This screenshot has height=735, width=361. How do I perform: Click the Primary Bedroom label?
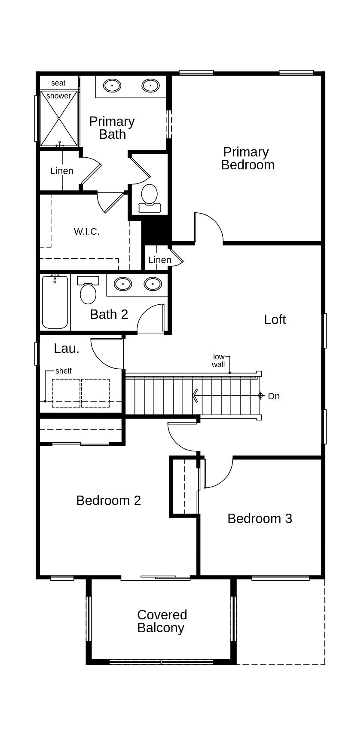coord(248,158)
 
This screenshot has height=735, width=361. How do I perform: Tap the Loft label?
coord(275,319)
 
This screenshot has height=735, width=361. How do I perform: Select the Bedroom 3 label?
coord(260,518)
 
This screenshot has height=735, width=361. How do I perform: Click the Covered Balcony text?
coord(162,621)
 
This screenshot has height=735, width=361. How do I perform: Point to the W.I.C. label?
coord(86,232)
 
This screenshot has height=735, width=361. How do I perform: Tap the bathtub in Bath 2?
coord(55,302)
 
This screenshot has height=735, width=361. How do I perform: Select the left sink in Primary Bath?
coord(112,86)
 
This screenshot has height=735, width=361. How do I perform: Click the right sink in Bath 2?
coord(153,284)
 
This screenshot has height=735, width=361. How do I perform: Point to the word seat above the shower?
coord(58,83)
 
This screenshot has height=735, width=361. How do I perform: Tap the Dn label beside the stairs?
coord(274,396)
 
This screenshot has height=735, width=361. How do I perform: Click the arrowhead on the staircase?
coord(195,395)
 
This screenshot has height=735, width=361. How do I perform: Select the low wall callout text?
coord(218,361)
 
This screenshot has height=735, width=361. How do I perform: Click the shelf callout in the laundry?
coord(63,371)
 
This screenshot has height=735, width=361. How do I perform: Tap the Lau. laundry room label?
coord(67,349)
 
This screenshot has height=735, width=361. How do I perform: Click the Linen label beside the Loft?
coord(159,260)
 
